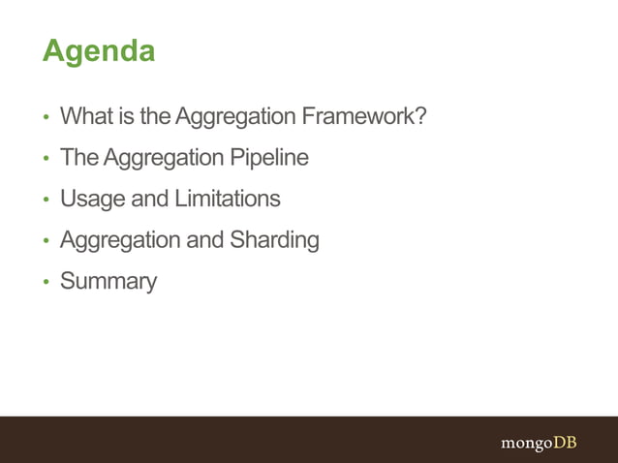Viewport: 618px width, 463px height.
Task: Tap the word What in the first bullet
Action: [86, 116]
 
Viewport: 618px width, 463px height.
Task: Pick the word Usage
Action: [93, 199]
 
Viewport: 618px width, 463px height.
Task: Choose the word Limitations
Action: [227, 199]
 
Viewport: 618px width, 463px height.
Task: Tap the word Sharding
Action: [274, 239]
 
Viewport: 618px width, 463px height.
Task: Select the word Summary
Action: [108, 282]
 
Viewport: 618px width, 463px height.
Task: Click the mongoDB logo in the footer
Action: [538, 443]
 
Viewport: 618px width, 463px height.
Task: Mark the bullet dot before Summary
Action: [45, 283]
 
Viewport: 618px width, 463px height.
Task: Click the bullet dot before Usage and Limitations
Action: [45, 201]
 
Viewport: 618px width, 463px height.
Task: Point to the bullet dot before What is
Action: [45, 118]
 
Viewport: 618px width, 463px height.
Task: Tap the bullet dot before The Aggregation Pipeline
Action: [45, 159]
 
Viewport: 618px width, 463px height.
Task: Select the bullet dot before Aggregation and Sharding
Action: [45, 241]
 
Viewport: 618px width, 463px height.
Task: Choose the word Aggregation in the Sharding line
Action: [120, 239]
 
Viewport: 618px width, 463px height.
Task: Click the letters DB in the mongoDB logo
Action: [565, 443]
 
